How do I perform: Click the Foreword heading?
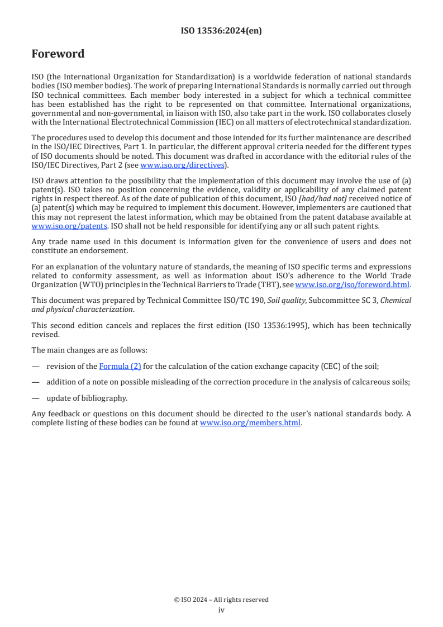pyautogui.click(x=58, y=54)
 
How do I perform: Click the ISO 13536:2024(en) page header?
pyautogui.click(x=221, y=31)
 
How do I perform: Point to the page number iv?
pyautogui.click(x=221, y=610)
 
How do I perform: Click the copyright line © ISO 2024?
pyautogui.click(x=221, y=600)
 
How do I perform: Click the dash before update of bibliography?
pyautogui.click(x=35, y=398)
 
